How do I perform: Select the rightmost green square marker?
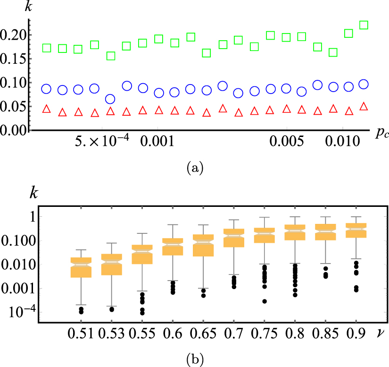click(364, 25)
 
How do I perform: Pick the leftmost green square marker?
click(46, 48)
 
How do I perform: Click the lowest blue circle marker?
click(110, 99)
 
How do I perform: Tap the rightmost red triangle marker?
click(364, 107)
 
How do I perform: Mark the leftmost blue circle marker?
click(46, 88)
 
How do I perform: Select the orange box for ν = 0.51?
click(82, 267)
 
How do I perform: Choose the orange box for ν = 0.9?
click(356, 230)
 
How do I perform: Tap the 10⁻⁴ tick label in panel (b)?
click(22, 312)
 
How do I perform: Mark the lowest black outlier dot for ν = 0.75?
click(265, 301)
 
